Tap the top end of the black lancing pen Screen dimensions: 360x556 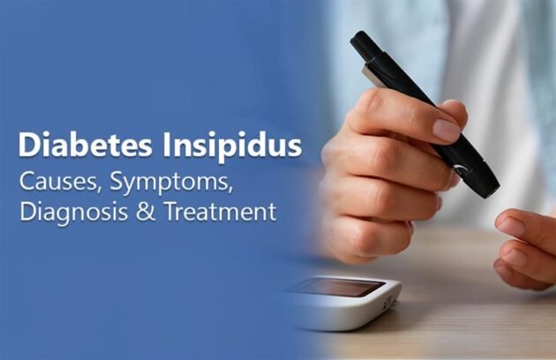click(x=361, y=40)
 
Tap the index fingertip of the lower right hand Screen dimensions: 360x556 click(x=513, y=224)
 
